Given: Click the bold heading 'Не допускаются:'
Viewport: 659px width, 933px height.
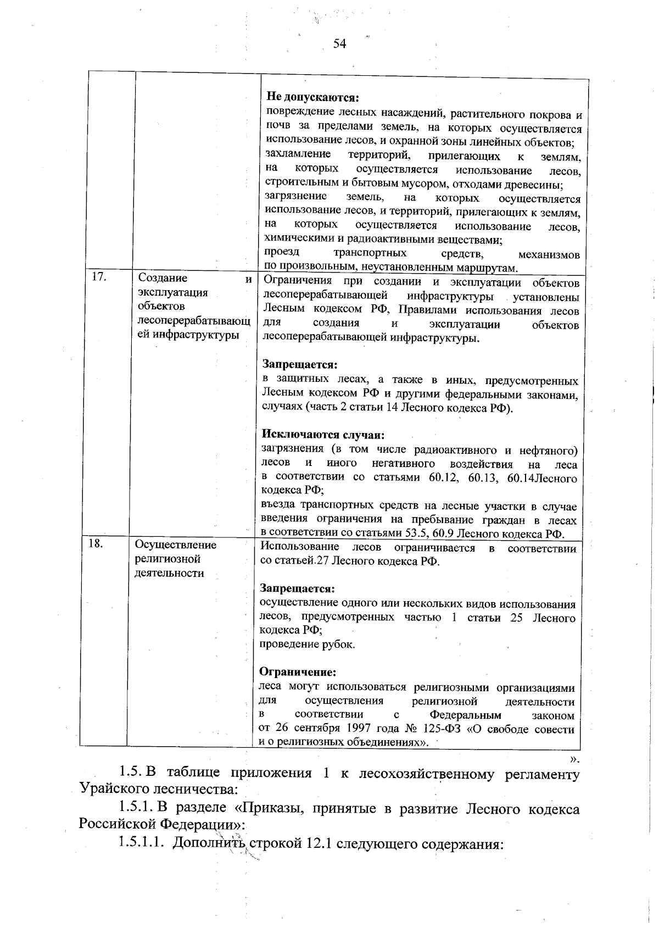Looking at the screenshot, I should tap(312, 98).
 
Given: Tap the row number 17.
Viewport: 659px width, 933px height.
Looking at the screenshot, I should tap(99, 277).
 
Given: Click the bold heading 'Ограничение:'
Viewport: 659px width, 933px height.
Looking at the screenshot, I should tap(297, 672).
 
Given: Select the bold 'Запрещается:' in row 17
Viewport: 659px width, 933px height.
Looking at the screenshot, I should tap(299, 365).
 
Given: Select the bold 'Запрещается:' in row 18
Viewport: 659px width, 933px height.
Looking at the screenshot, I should tap(297, 589).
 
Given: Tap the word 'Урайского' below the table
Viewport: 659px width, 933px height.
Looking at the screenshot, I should tap(111, 790).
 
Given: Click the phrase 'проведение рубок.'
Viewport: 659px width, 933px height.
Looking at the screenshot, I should tap(307, 645).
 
